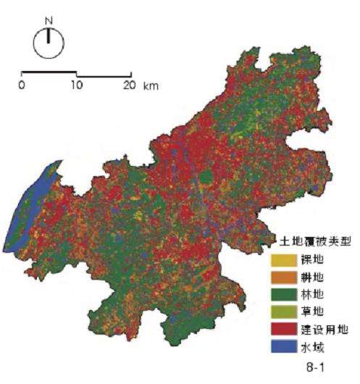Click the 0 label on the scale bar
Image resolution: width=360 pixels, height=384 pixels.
(22, 85)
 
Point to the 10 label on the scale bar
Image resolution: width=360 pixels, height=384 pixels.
(75, 85)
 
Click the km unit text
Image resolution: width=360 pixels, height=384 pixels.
(151, 85)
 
